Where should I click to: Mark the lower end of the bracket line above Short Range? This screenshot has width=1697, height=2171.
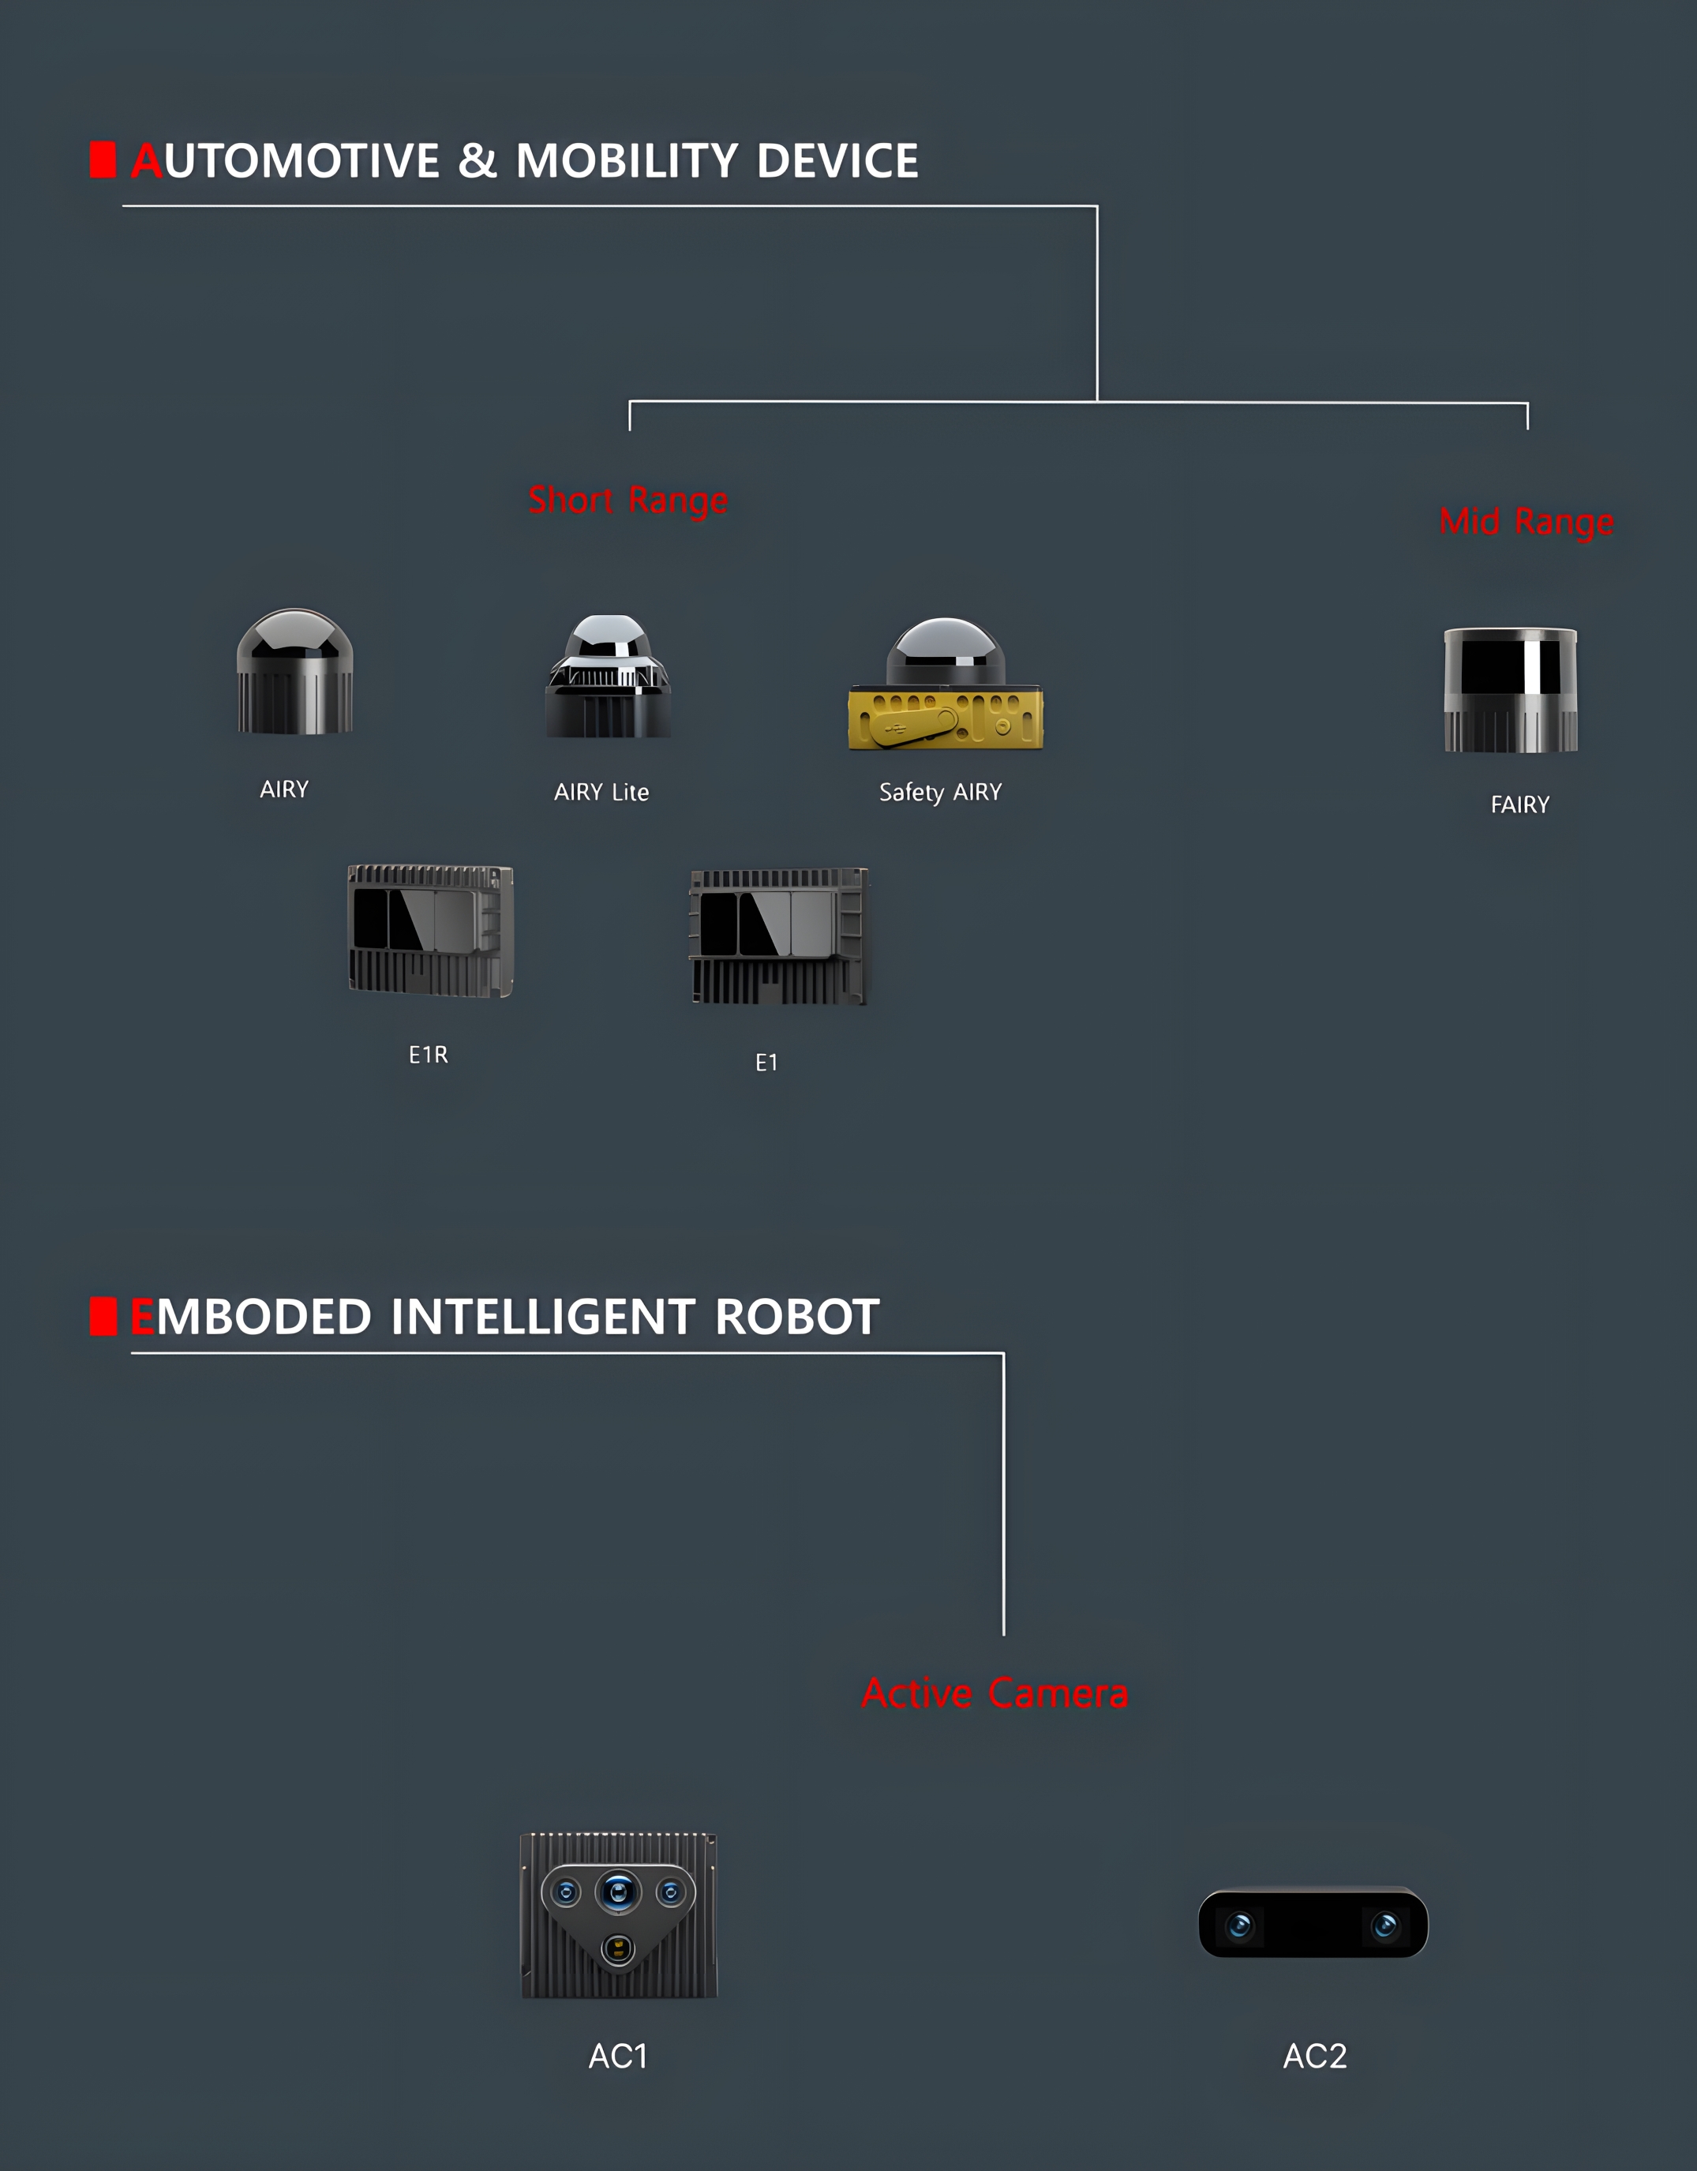(629, 429)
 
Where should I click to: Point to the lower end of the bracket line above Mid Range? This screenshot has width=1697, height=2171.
(1527, 429)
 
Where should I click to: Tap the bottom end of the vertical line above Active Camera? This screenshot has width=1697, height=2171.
(1003, 1634)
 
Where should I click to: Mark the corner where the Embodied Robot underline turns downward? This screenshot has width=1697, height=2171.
(1003, 1353)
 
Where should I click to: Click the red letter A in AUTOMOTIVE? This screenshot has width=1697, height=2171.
(146, 161)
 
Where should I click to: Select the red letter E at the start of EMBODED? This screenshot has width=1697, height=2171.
(142, 1316)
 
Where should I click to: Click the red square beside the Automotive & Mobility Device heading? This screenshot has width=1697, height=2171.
(103, 160)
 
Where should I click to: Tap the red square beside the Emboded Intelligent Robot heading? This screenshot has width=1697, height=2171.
(103, 1316)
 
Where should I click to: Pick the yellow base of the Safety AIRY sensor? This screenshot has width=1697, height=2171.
(946, 718)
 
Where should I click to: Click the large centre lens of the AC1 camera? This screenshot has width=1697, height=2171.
(618, 1891)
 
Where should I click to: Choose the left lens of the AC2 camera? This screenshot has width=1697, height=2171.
(1240, 1925)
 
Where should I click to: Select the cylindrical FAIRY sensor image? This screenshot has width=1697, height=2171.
(1510, 690)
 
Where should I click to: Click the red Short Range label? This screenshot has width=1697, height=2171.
(628, 500)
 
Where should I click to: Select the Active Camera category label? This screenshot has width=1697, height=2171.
(995, 1693)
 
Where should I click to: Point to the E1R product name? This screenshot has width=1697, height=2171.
(429, 1055)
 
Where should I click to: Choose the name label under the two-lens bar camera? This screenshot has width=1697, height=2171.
(1315, 2056)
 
